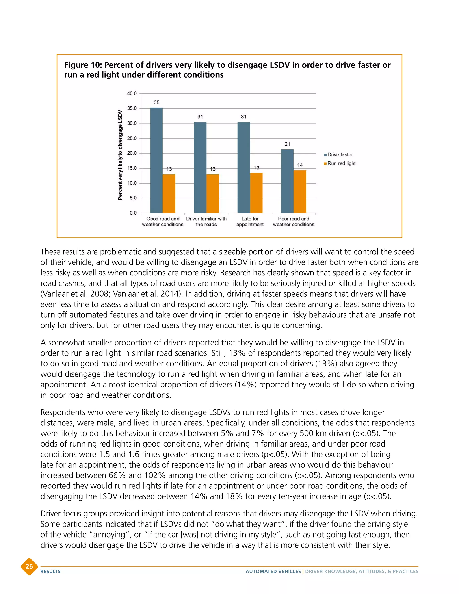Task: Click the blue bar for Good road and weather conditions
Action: [x=156, y=160]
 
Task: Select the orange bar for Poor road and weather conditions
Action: [x=300, y=192]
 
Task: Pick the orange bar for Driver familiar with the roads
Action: [x=212, y=194]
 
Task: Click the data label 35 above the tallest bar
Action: [x=156, y=102]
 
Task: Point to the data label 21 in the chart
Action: [x=287, y=144]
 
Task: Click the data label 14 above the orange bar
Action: [x=300, y=165]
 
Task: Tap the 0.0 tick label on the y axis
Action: [x=133, y=213]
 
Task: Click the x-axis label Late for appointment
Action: [x=250, y=222]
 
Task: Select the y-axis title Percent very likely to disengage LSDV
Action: [x=120, y=155]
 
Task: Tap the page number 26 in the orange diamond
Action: [x=29, y=566]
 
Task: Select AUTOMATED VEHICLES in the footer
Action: [x=273, y=571]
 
